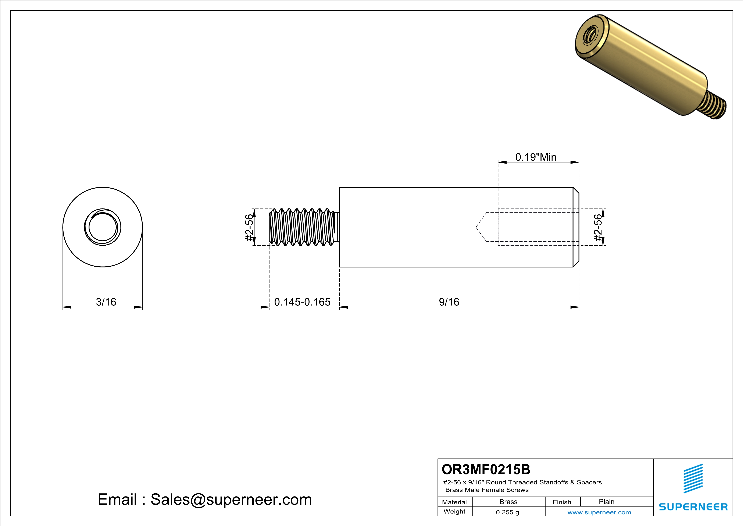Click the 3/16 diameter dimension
(106, 302)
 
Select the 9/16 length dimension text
(449, 302)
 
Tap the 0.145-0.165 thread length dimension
(302, 302)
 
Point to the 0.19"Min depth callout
(536, 157)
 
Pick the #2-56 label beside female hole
(598, 228)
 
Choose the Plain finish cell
(606, 502)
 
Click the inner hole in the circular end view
(103, 227)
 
